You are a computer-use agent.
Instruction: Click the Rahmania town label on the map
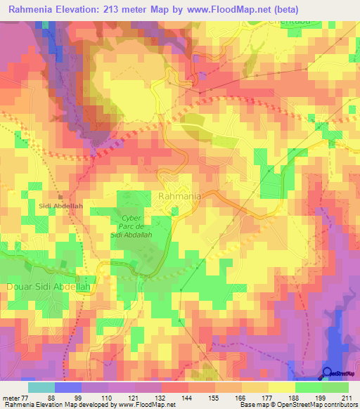click(x=181, y=197)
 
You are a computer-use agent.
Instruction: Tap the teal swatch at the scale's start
click(x=41, y=387)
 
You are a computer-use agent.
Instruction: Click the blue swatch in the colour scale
click(x=68, y=387)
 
